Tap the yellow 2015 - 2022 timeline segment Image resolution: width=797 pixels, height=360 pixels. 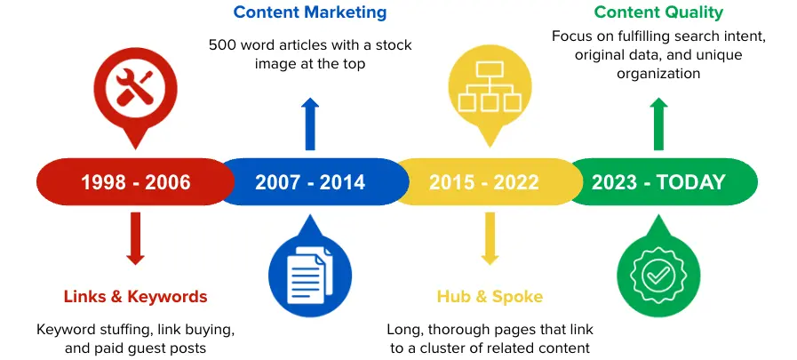click(x=484, y=182)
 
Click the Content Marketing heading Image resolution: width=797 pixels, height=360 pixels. click(x=310, y=12)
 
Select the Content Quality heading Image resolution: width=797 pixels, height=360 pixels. click(x=658, y=12)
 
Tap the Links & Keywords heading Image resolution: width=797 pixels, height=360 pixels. click(x=135, y=297)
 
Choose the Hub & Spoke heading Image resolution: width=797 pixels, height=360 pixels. click(x=490, y=297)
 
